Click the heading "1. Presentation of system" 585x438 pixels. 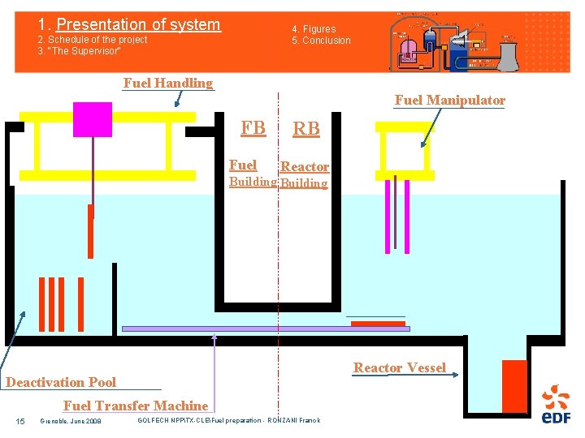click(x=129, y=25)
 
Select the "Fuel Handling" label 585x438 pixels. click(x=167, y=83)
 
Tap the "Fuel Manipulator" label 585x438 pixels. click(x=449, y=101)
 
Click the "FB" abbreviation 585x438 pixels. click(x=253, y=127)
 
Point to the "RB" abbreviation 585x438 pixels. click(x=306, y=129)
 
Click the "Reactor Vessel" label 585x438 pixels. click(x=399, y=367)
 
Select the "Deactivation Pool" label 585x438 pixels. click(x=61, y=382)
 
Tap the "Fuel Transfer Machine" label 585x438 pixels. click(x=136, y=406)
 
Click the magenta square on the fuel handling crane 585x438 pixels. click(x=92, y=119)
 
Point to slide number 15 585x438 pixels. click(x=20, y=420)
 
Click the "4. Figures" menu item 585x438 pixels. click(x=314, y=29)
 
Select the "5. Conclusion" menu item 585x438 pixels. click(x=322, y=41)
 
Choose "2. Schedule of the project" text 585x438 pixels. click(x=93, y=40)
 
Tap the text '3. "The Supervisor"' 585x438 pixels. click(x=80, y=51)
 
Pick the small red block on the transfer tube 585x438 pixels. click(x=378, y=324)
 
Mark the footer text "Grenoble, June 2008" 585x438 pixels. click(x=70, y=420)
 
